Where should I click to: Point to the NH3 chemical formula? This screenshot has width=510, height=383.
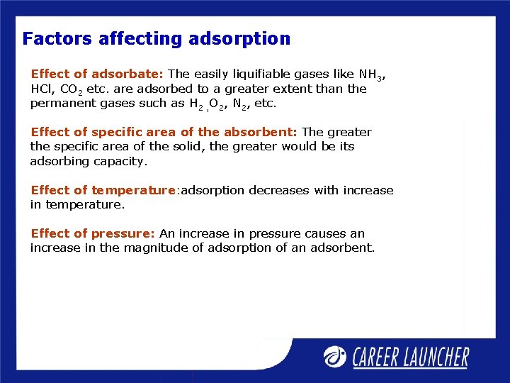(372, 74)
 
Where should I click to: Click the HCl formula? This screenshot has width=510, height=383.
(42, 89)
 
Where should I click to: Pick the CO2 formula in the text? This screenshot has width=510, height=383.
(71, 89)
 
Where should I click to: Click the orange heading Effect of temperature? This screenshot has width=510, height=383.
(103, 190)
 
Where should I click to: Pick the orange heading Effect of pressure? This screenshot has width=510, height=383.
(93, 233)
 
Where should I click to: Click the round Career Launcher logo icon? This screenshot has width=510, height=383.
(335, 356)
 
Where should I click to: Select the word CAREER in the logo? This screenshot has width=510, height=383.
(380, 357)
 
